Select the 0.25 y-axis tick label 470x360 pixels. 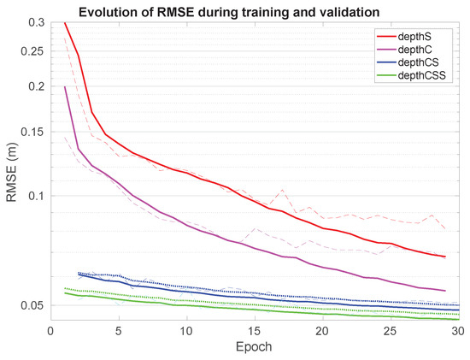pyautogui.click(x=34, y=51)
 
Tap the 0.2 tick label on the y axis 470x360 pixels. pyautogui.click(x=37, y=86)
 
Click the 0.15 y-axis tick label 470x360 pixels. pyautogui.click(x=34, y=132)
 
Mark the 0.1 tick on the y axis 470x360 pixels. pyautogui.click(x=37, y=196)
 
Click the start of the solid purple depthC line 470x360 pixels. pyautogui.click(x=64, y=86)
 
